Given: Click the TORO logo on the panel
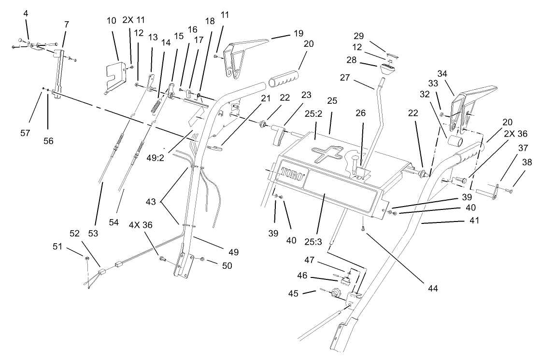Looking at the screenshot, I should point(292,176).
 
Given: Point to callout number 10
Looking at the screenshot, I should point(112,20).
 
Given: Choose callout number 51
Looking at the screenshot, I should point(57,247).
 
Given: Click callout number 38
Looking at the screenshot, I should point(527,163).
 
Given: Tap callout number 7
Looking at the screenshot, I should point(66,24).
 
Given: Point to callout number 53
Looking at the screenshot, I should point(93,233).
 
